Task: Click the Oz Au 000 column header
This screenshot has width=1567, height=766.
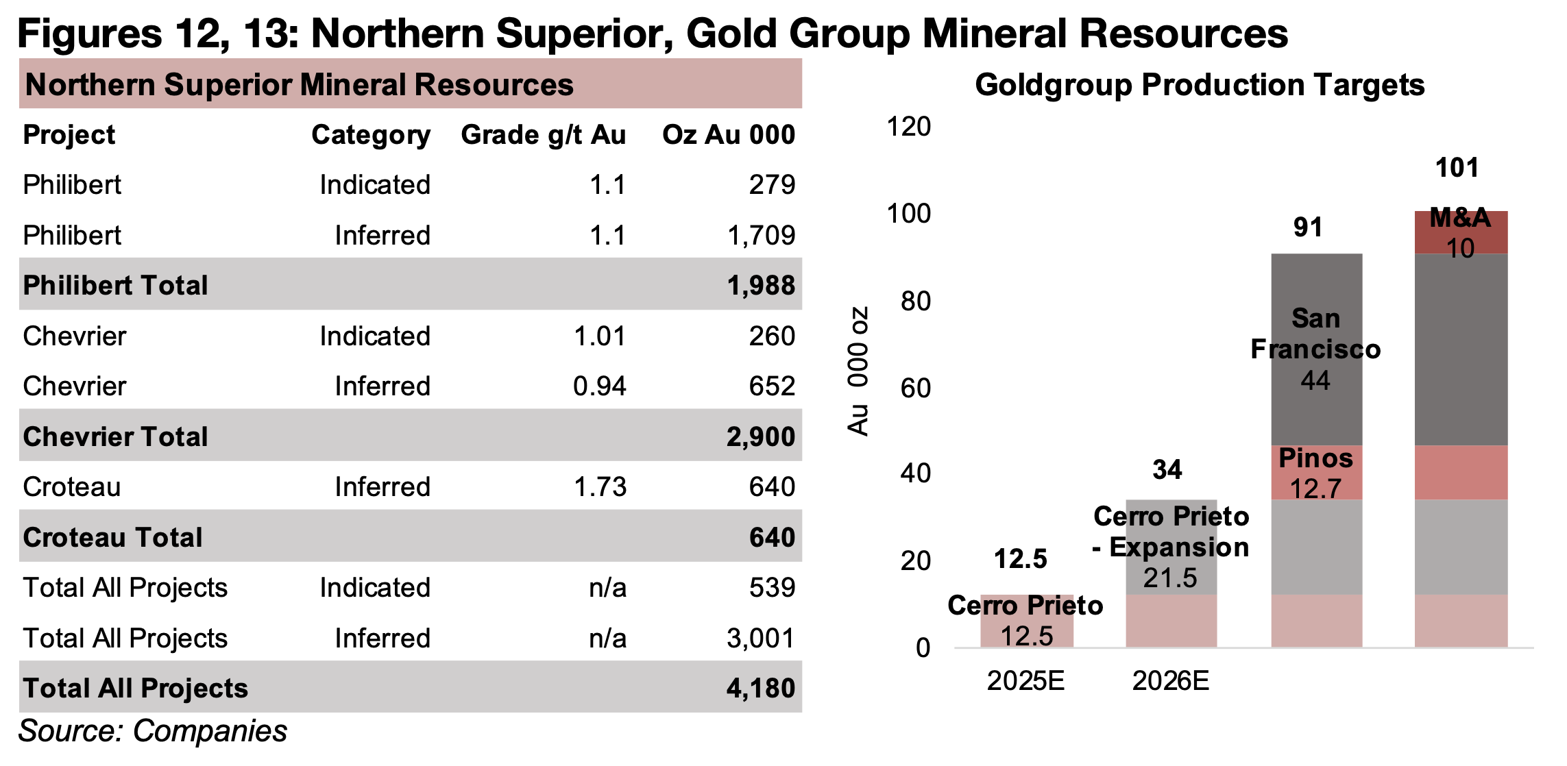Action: click(728, 135)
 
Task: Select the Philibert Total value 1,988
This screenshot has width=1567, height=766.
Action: click(761, 285)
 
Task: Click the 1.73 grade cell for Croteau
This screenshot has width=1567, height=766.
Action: click(600, 486)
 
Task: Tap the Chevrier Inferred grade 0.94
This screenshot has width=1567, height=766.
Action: click(599, 386)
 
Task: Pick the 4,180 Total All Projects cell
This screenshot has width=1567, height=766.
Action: click(761, 688)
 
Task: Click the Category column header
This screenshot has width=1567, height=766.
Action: click(371, 135)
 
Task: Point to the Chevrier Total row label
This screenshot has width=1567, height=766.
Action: click(115, 436)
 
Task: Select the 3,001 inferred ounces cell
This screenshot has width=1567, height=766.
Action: click(761, 638)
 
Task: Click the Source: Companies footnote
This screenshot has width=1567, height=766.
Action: click(152, 731)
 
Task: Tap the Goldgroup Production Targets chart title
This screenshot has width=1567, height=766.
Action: click(1200, 85)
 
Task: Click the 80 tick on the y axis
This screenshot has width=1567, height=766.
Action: click(915, 301)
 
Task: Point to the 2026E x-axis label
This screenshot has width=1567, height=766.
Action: click(1171, 680)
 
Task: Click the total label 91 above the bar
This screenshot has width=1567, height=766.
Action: click(1308, 227)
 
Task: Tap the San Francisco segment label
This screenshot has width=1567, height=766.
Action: click(1315, 334)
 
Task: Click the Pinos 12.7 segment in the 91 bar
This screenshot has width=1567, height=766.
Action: click(1316, 473)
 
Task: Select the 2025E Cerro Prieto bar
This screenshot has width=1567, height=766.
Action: click(1026, 621)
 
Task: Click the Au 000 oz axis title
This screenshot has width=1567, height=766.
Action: click(858, 371)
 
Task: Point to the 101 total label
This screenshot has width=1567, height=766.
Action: click(1457, 168)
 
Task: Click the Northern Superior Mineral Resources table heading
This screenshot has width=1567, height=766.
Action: click(299, 85)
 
